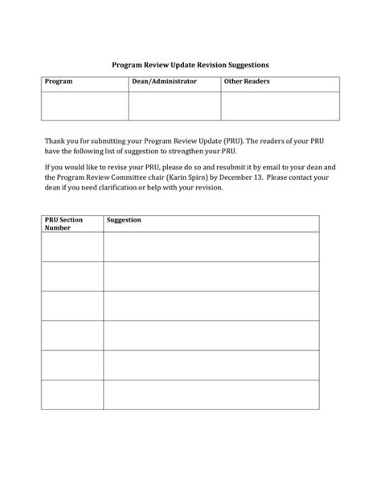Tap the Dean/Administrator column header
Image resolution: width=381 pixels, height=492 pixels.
(165, 82)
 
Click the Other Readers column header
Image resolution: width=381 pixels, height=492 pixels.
(247, 82)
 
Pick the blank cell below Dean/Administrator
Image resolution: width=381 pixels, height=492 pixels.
(174, 105)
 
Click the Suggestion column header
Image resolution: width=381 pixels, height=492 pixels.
(124, 219)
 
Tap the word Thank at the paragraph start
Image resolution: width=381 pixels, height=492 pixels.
(55, 141)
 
